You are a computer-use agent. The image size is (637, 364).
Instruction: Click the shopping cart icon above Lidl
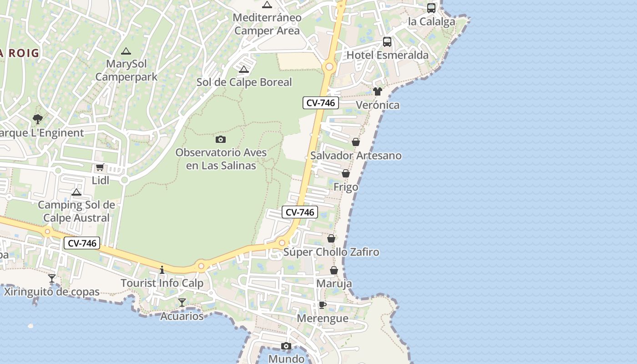(100, 167)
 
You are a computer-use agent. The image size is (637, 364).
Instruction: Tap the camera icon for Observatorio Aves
(221, 139)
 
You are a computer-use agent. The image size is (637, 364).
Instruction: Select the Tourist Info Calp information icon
(162, 270)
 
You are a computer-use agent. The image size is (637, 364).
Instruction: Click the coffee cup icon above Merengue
(322, 305)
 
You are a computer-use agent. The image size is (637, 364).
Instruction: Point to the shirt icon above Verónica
(377, 91)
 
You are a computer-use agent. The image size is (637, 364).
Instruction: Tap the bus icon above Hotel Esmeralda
(387, 42)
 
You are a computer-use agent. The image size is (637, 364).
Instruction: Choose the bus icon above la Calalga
(431, 8)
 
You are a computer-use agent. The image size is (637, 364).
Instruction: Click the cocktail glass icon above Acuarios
(182, 302)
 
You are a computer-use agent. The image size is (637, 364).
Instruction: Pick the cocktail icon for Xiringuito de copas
(52, 278)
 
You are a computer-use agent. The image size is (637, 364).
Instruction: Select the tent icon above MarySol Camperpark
(126, 51)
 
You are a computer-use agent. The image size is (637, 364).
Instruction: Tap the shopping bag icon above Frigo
(346, 173)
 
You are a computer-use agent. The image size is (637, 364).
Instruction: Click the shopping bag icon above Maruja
(334, 270)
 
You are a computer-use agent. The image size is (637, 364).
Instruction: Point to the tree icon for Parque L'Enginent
(38, 119)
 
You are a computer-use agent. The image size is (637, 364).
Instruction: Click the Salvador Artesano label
(356, 156)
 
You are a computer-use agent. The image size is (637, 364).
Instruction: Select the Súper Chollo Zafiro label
(331, 252)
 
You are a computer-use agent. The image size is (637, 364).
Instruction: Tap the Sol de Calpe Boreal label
(244, 82)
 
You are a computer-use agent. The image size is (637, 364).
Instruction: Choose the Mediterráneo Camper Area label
(267, 25)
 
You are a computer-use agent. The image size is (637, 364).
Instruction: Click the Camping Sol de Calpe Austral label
(76, 211)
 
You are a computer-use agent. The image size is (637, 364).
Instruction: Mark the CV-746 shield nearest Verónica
(321, 103)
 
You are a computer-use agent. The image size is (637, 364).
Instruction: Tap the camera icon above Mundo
(286, 346)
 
